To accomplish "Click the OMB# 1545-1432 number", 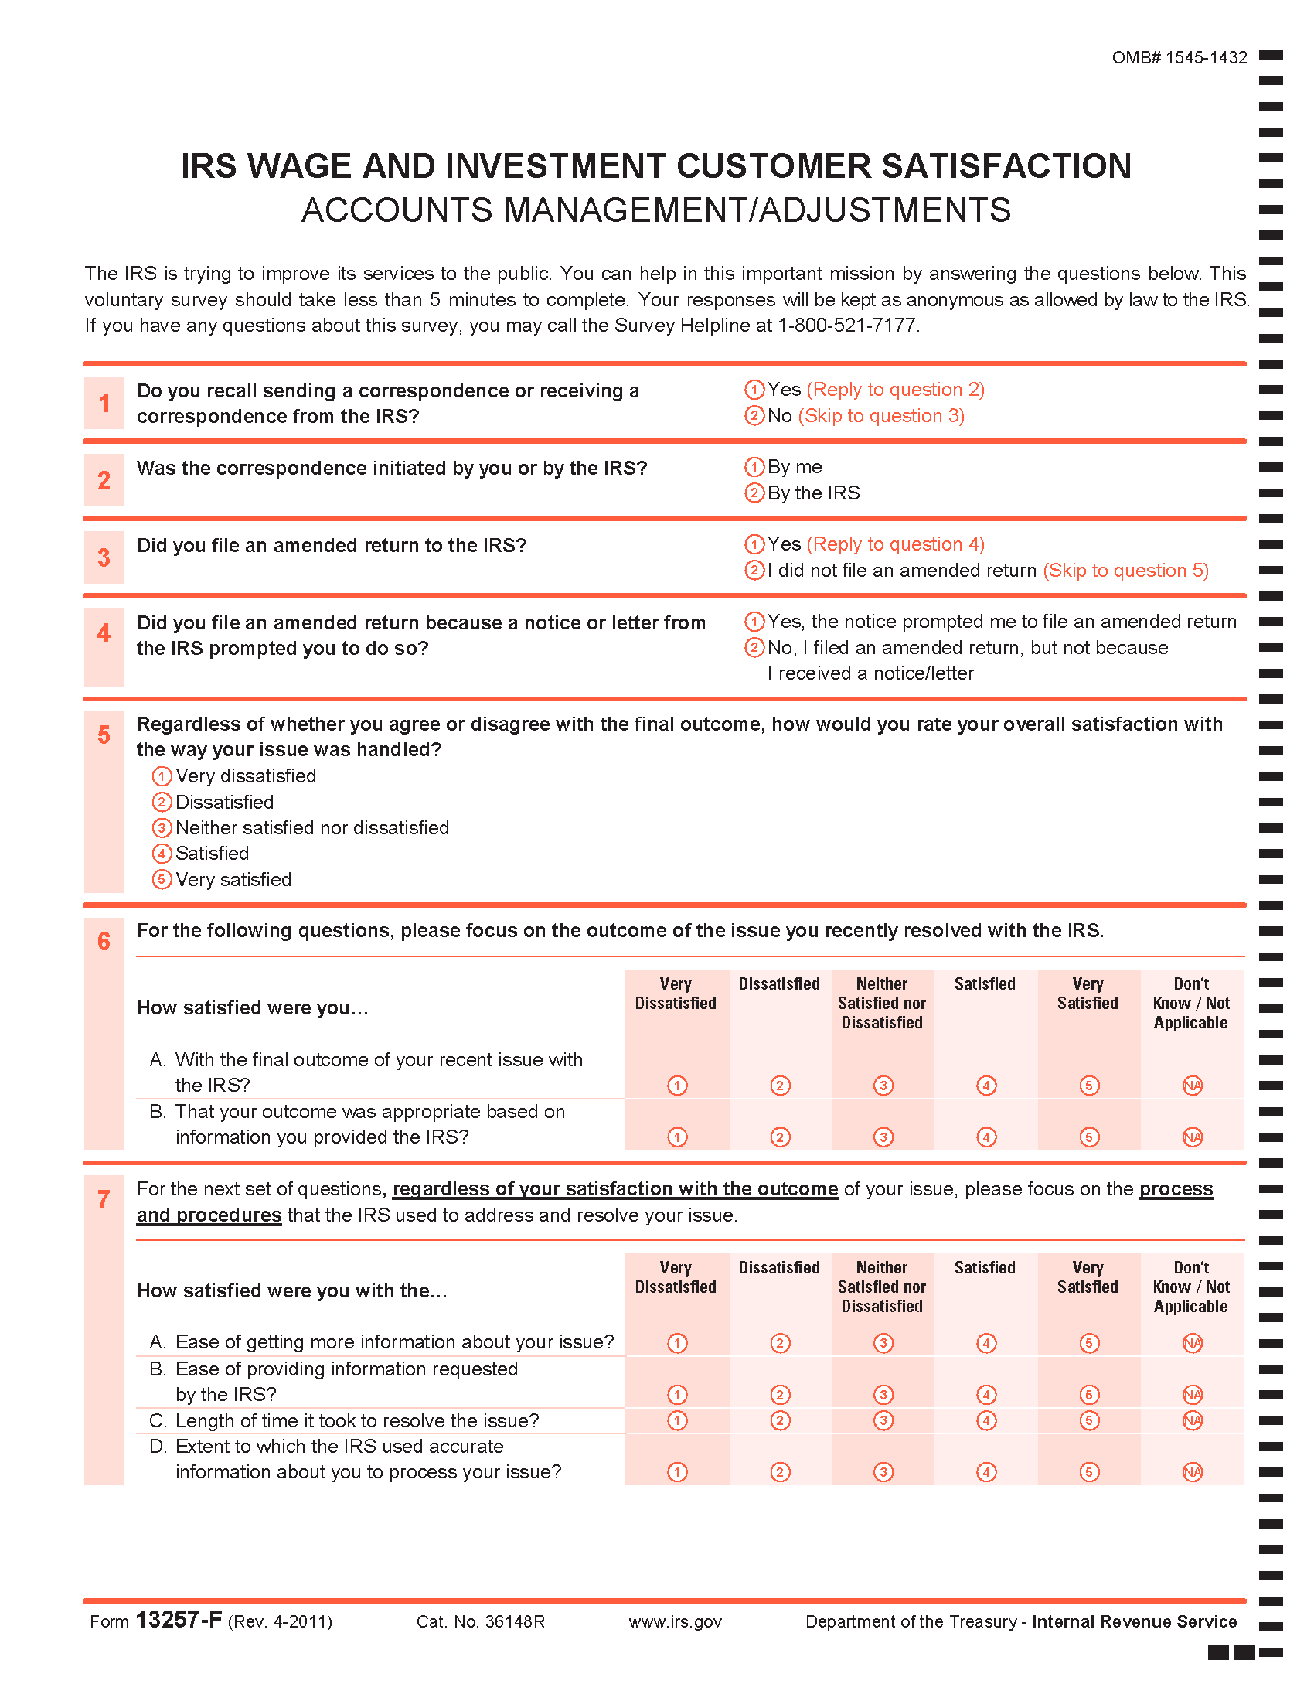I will pos(1179,58).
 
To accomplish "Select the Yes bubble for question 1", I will pos(754,390).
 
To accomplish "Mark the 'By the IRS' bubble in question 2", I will pos(754,493).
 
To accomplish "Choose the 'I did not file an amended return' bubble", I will pos(754,570).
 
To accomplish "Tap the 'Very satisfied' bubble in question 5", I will pos(161,879).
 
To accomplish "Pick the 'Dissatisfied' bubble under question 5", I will pos(161,803).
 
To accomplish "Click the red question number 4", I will pos(104,632).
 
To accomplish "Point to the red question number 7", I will pos(104,1199).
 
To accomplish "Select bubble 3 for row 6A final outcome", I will pos(883,1085).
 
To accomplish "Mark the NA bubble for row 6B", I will pos(1192,1137).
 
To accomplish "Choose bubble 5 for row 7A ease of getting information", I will pos(1089,1343).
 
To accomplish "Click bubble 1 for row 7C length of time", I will pos(677,1420).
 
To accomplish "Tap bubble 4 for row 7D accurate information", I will pos(986,1472).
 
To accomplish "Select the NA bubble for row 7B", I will pos(1192,1395).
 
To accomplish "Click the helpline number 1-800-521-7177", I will pos(847,326).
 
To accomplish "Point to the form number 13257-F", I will pos(179,1620).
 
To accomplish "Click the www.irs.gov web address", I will pos(675,1621).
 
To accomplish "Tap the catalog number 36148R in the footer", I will pos(514,1621).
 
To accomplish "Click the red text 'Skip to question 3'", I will pos(881,416).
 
